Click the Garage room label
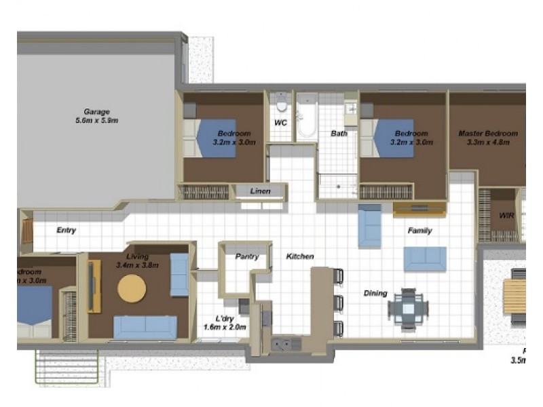(x=96, y=116)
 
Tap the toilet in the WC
(x=282, y=105)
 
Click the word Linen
(x=260, y=191)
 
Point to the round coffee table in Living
(x=132, y=288)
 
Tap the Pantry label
(x=246, y=257)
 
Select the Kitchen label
(x=300, y=256)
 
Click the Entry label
(x=66, y=231)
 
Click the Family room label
(x=419, y=231)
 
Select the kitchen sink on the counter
(x=286, y=344)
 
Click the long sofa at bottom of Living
(x=145, y=327)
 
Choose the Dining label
(x=375, y=294)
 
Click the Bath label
(x=339, y=134)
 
